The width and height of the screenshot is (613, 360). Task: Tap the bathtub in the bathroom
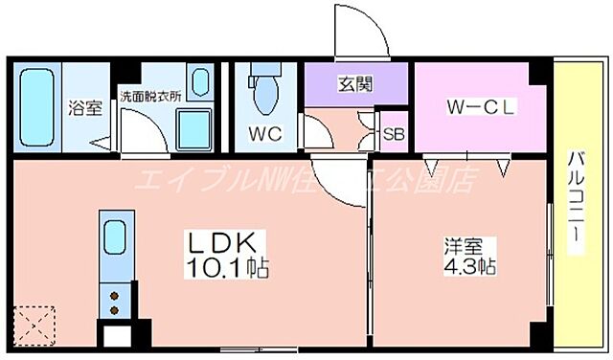click(x=37, y=102)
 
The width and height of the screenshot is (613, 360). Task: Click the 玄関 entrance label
click(x=354, y=83)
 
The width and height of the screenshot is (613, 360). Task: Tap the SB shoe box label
click(x=394, y=134)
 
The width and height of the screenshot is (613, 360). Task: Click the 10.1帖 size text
click(x=229, y=267)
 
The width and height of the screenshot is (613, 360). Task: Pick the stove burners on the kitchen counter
click(x=115, y=301)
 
